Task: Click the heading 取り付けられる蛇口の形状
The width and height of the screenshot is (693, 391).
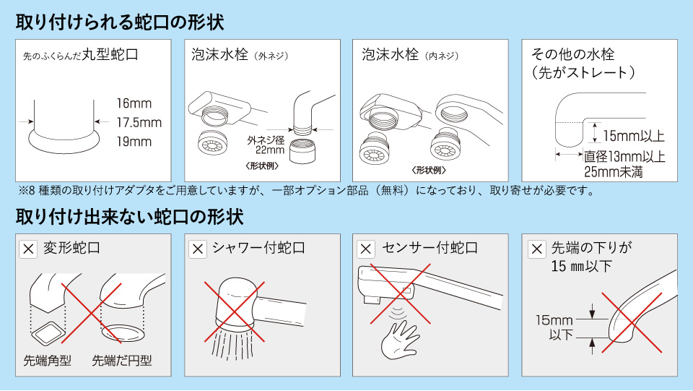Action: pos(120,22)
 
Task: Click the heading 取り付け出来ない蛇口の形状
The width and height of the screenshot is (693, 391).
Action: pos(129,216)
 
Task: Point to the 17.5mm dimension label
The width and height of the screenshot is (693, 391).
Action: pos(139,122)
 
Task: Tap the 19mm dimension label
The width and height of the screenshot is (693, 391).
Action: pos(134,141)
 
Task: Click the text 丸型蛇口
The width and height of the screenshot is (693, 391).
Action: pos(109,54)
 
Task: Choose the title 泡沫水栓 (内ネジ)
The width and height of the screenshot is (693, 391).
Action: pos(409,55)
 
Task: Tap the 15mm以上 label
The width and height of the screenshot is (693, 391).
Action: pos(633,136)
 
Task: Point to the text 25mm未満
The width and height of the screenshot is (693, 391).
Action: pos(613,172)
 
